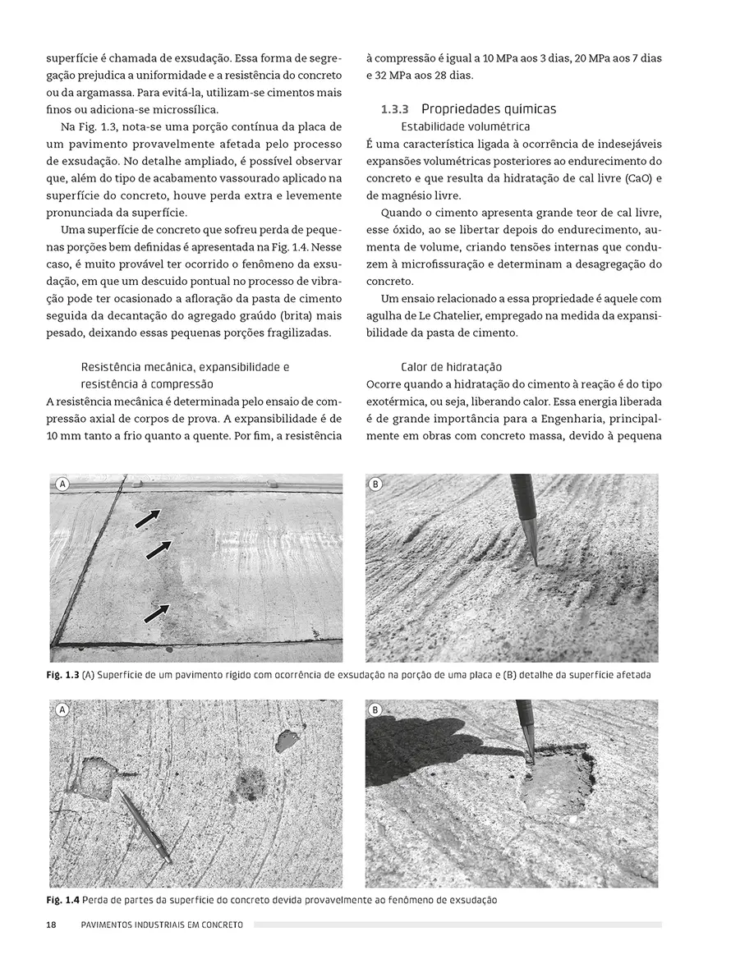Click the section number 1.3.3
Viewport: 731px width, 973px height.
(397, 109)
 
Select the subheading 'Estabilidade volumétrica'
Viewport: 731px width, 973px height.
(465, 126)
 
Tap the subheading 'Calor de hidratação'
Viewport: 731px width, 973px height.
(451, 367)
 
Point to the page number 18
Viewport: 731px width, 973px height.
(51, 925)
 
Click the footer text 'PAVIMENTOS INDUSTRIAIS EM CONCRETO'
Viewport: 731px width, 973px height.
(163, 925)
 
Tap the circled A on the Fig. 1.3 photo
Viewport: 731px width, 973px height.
(62, 484)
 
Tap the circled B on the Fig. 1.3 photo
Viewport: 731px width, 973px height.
(376, 484)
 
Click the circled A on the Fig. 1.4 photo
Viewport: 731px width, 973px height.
(62, 709)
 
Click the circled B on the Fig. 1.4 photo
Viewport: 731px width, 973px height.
(376, 709)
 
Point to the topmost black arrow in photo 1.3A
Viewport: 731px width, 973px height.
(148, 518)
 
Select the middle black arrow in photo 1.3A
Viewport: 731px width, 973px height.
(159, 549)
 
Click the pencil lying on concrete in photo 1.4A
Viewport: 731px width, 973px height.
(145, 825)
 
